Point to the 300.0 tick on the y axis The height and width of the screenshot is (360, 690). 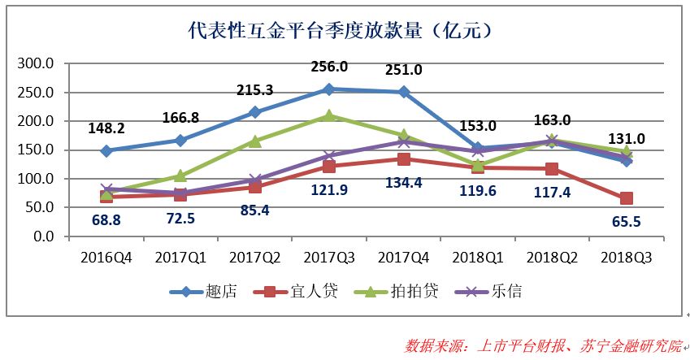click(x=37, y=63)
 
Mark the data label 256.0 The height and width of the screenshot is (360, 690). click(x=329, y=67)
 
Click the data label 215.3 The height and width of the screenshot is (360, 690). click(x=254, y=91)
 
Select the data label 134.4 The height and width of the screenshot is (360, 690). click(x=404, y=182)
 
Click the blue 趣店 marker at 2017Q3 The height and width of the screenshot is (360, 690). click(x=329, y=89)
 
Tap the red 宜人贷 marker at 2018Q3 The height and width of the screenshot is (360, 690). click(x=627, y=198)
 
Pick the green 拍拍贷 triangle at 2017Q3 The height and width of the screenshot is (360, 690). click(x=329, y=115)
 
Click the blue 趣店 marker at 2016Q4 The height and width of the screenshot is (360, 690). click(x=106, y=150)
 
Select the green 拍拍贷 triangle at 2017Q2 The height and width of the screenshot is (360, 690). click(x=255, y=141)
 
